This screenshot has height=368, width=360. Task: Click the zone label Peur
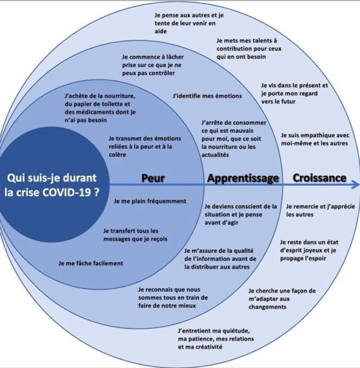(153, 178)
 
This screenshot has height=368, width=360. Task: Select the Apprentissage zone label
(243, 179)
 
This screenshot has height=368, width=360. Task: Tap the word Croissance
(319, 178)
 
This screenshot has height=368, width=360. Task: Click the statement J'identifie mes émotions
(207, 96)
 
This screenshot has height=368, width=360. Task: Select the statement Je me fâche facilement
(91, 263)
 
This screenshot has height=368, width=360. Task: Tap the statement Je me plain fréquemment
(150, 201)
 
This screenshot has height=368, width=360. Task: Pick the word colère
(117, 155)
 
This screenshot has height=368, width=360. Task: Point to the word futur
(287, 102)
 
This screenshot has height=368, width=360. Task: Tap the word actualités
(215, 155)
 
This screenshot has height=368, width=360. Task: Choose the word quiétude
(235, 331)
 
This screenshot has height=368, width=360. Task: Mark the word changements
(268, 307)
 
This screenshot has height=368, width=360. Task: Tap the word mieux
(187, 306)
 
